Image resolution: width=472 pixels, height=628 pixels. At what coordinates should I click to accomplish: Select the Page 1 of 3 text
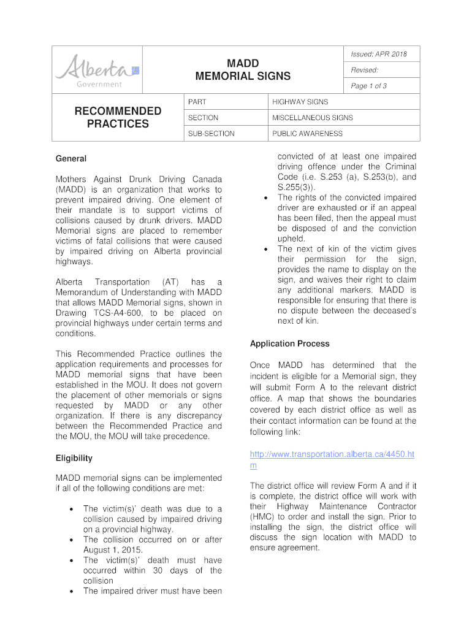[368, 86]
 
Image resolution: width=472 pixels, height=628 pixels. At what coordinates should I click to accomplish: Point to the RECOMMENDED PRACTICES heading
[118, 117]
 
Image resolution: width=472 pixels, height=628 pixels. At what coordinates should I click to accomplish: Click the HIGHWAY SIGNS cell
[300, 102]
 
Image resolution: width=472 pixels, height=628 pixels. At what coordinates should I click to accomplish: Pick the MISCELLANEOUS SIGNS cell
[313, 118]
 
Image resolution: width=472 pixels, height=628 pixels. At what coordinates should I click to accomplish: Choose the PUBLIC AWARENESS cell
[308, 134]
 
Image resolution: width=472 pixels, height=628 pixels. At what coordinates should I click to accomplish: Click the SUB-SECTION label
[211, 134]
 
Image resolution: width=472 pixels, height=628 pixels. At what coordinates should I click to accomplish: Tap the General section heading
[71, 159]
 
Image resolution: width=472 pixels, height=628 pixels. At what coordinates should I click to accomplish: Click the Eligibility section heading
[74, 458]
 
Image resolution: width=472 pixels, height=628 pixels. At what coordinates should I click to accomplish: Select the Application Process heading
[289, 344]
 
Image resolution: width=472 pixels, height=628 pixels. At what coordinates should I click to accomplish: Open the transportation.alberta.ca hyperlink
[332, 454]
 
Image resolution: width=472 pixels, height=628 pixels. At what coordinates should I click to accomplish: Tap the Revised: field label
[364, 71]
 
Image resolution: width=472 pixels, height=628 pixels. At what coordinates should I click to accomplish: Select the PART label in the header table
[197, 102]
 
